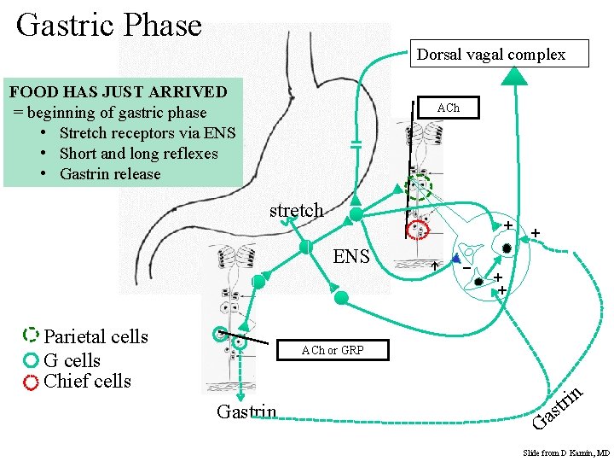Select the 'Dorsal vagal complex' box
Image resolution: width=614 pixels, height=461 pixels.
tap(490, 54)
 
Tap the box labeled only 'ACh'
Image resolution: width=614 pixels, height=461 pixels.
tap(448, 108)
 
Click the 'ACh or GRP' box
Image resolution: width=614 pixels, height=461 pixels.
tap(332, 350)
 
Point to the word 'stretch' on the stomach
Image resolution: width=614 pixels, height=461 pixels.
tap(296, 210)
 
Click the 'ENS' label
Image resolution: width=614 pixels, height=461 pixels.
tap(351, 255)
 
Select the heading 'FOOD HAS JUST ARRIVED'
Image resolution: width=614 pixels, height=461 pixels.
tap(118, 91)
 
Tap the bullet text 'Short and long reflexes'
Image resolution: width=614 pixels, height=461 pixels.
tap(138, 154)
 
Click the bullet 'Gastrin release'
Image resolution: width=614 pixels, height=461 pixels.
tap(110, 174)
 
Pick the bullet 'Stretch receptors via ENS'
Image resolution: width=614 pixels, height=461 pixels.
tap(147, 132)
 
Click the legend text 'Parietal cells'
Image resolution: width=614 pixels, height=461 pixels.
tap(96, 336)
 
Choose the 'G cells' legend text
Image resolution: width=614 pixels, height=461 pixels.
tap(72, 360)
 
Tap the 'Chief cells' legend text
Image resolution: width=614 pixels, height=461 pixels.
tap(87, 381)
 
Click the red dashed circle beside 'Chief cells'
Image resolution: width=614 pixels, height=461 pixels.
tap(32, 382)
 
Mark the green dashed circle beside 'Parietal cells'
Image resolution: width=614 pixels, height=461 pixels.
tap(32, 335)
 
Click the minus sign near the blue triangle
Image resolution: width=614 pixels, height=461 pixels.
tap(466, 269)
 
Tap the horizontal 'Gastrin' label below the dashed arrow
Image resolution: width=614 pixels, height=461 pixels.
tap(246, 412)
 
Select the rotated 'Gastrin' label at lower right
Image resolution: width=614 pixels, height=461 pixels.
tap(558, 407)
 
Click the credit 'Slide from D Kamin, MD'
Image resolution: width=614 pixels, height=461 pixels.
tap(566, 452)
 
